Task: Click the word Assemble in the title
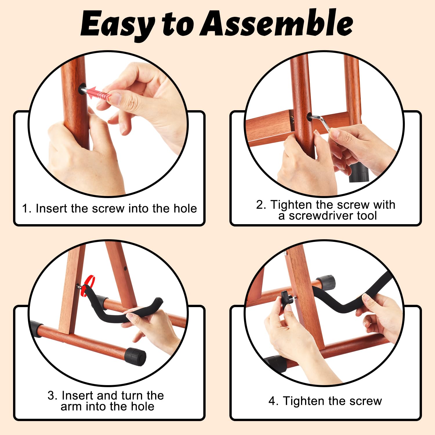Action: (x=277, y=23)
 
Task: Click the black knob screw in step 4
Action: (x=287, y=299)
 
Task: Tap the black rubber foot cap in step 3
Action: (x=135, y=356)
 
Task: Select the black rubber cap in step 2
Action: (x=359, y=173)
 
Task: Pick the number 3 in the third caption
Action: (x=51, y=396)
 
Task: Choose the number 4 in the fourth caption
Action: (x=272, y=401)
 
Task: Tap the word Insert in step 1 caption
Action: (x=51, y=209)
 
